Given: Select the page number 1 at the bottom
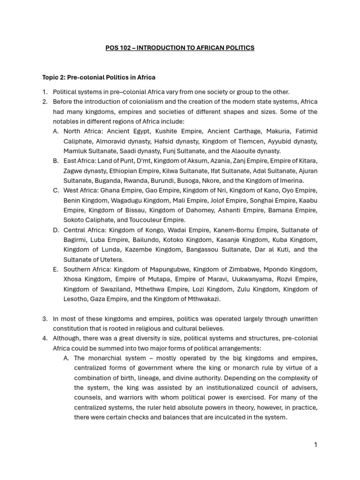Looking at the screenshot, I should (x=316, y=445).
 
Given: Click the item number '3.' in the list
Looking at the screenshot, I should (x=45, y=319).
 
